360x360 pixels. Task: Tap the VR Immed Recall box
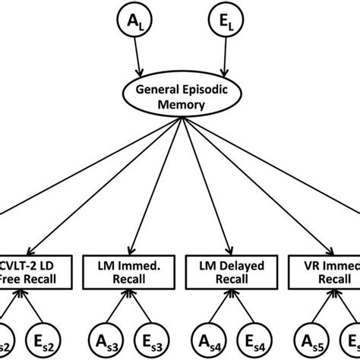328,271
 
